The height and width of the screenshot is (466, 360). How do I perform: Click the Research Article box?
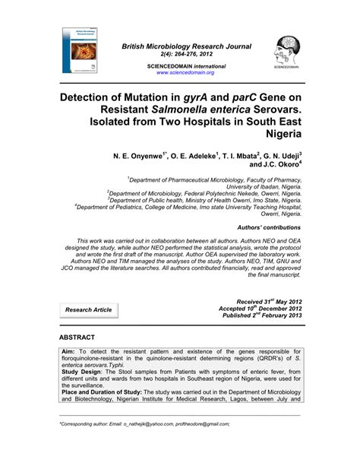89,309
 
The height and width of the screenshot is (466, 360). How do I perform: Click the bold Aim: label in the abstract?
71,354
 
